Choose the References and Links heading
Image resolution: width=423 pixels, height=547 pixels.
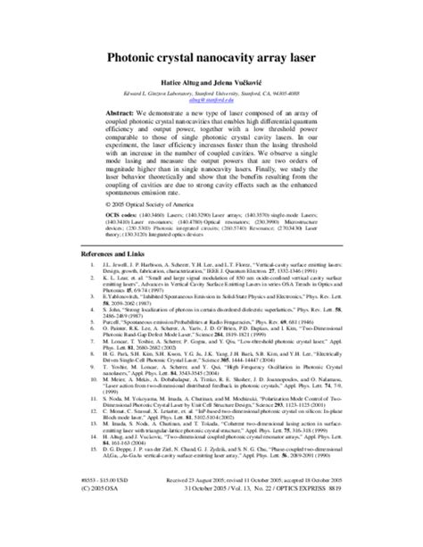[x=71, y=279]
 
